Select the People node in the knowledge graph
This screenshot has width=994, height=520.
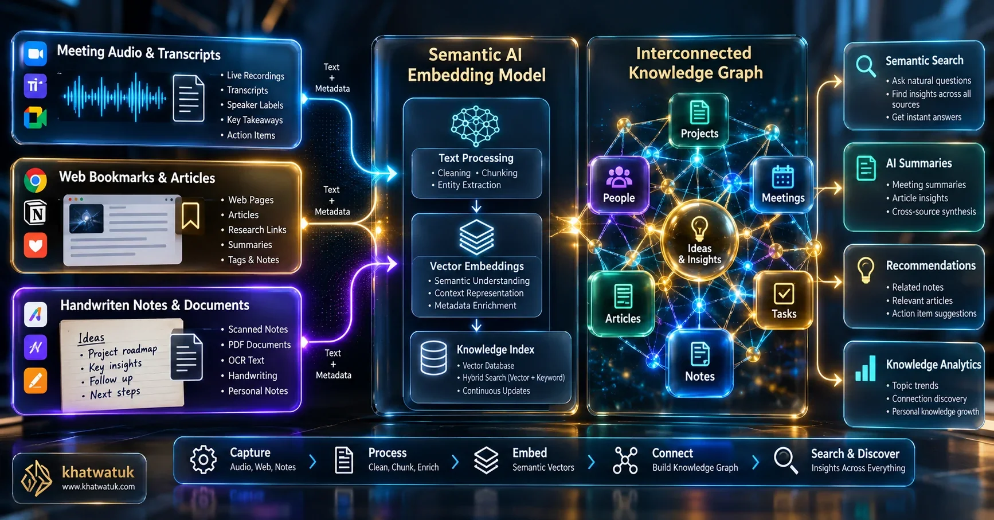tap(619, 185)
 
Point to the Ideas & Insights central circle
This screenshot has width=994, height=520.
tap(699, 241)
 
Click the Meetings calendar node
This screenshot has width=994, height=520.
tap(782, 185)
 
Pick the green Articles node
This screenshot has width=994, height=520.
tap(623, 303)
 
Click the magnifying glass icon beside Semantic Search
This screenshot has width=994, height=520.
tap(866, 66)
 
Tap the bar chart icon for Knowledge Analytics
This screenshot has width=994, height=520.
tap(866, 369)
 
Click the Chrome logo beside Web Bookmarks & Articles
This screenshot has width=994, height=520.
tap(35, 181)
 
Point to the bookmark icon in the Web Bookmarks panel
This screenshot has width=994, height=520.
tap(190, 215)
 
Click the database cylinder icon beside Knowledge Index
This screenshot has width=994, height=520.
tap(433, 358)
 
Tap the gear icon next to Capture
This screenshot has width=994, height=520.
tap(204, 459)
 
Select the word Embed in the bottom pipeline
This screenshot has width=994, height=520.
tap(530, 453)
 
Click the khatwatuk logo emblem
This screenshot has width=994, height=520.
tap(36, 478)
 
